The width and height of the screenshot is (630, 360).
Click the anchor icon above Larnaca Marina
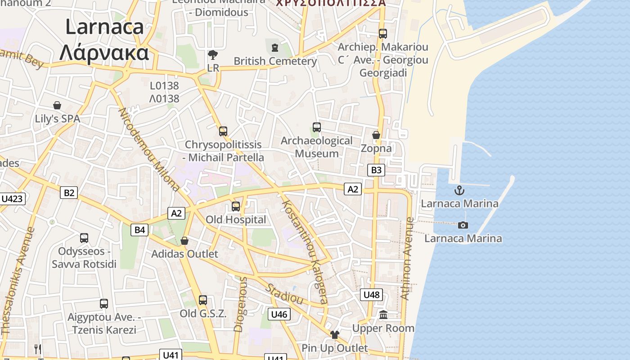(459, 190)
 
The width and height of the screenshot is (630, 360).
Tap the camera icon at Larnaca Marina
(463, 225)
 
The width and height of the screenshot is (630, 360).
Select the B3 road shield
(376, 170)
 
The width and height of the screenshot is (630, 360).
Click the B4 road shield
(140, 230)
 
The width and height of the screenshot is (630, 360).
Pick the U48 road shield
(372, 295)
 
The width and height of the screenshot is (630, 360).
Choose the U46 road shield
(279, 314)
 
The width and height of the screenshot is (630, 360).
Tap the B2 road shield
(69, 193)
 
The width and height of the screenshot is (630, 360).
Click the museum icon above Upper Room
(383, 315)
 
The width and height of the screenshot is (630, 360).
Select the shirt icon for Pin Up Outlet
(334, 334)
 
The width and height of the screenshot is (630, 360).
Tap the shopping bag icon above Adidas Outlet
(184, 241)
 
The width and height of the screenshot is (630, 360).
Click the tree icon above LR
(213, 55)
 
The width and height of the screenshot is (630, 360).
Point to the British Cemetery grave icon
(275, 47)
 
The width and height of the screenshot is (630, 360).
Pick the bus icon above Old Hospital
(236, 207)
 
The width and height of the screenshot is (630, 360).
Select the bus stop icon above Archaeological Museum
(317, 127)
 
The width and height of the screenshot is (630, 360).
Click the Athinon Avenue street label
(407, 258)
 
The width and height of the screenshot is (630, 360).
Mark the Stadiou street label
(284, 293)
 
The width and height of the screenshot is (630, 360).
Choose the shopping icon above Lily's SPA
(57, 105)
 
